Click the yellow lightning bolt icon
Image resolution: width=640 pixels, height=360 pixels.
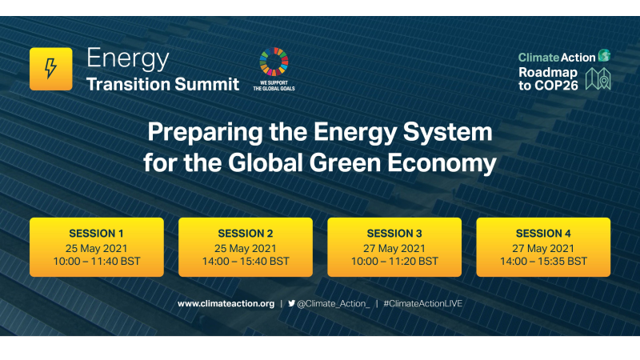(x=50, y=69)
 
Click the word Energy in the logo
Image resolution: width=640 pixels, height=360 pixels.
(x=127, y=58)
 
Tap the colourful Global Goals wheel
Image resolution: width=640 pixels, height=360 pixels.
(x=274, y=62)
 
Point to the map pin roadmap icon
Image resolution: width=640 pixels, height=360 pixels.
(x=598, y=78)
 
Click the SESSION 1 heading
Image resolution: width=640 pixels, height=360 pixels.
(x=97, y=234)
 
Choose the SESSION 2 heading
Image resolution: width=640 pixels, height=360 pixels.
(x=246, y=234)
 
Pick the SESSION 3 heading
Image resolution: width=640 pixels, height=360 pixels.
(x=394, y=234)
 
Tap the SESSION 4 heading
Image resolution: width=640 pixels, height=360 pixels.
(x=543, y=234)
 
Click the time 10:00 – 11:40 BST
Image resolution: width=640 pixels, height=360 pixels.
(x=97, y=261)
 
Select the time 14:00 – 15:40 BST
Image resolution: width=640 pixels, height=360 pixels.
(x=246, y=261)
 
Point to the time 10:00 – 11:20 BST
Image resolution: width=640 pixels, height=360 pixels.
(x=394, y=261)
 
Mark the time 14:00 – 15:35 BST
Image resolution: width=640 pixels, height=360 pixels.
(x=543, y=261)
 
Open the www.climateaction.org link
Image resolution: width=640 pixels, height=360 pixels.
(x=226, y=304)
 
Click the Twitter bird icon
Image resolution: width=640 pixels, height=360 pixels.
(x=291, y=304)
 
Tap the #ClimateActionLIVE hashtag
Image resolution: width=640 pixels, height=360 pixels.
(x=423, y=304)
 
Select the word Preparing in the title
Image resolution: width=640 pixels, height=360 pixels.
(x=208, y=130)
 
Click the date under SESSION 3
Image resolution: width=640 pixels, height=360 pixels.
(x=394, y=247)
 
